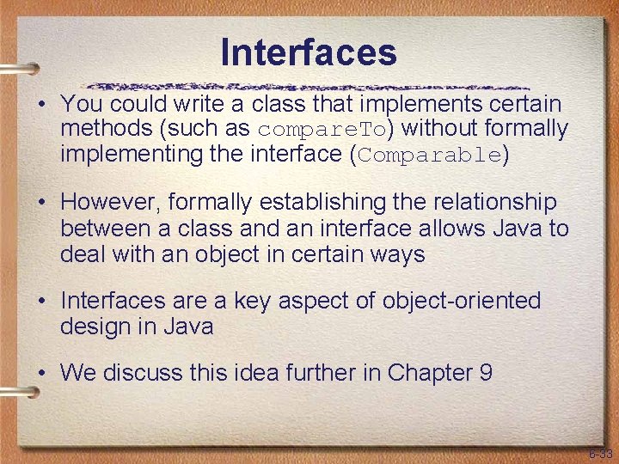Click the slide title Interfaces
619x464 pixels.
(x=309, y=52)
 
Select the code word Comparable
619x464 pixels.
(x=429, y=156)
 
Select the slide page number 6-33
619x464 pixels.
(x=600, y=453)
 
